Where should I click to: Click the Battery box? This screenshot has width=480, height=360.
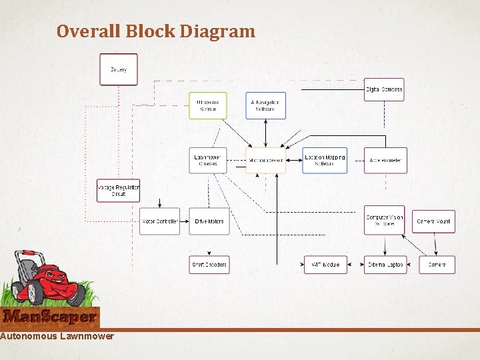(119, 69)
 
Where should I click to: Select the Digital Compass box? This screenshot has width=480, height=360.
(384, 89)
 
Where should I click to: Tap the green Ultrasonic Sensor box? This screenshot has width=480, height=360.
(208, 105)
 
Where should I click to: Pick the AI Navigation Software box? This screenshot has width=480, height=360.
(265, 105)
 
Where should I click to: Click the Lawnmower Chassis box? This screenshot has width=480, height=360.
(208, 160)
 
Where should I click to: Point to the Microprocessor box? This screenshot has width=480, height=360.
(265, 161)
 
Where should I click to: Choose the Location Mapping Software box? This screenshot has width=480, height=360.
(325, 160)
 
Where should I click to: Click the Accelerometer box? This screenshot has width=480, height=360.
(385, 161)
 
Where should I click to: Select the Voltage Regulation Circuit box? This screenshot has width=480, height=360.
(119, 191)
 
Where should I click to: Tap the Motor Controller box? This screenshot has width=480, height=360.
(160, 221)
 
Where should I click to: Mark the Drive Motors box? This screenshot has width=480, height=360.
(209, 221)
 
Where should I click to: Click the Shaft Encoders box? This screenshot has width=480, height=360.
(209, 265)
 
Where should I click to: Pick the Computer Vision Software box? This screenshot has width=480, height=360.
(384, 220)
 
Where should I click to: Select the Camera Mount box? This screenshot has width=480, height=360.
(433, 221)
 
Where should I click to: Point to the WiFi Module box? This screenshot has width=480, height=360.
(325, 265)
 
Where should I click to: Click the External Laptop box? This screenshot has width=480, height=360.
(385, 265)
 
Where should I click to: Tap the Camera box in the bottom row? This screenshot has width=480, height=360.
(437, 265)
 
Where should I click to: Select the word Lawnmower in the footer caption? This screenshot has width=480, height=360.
(87, 336)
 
